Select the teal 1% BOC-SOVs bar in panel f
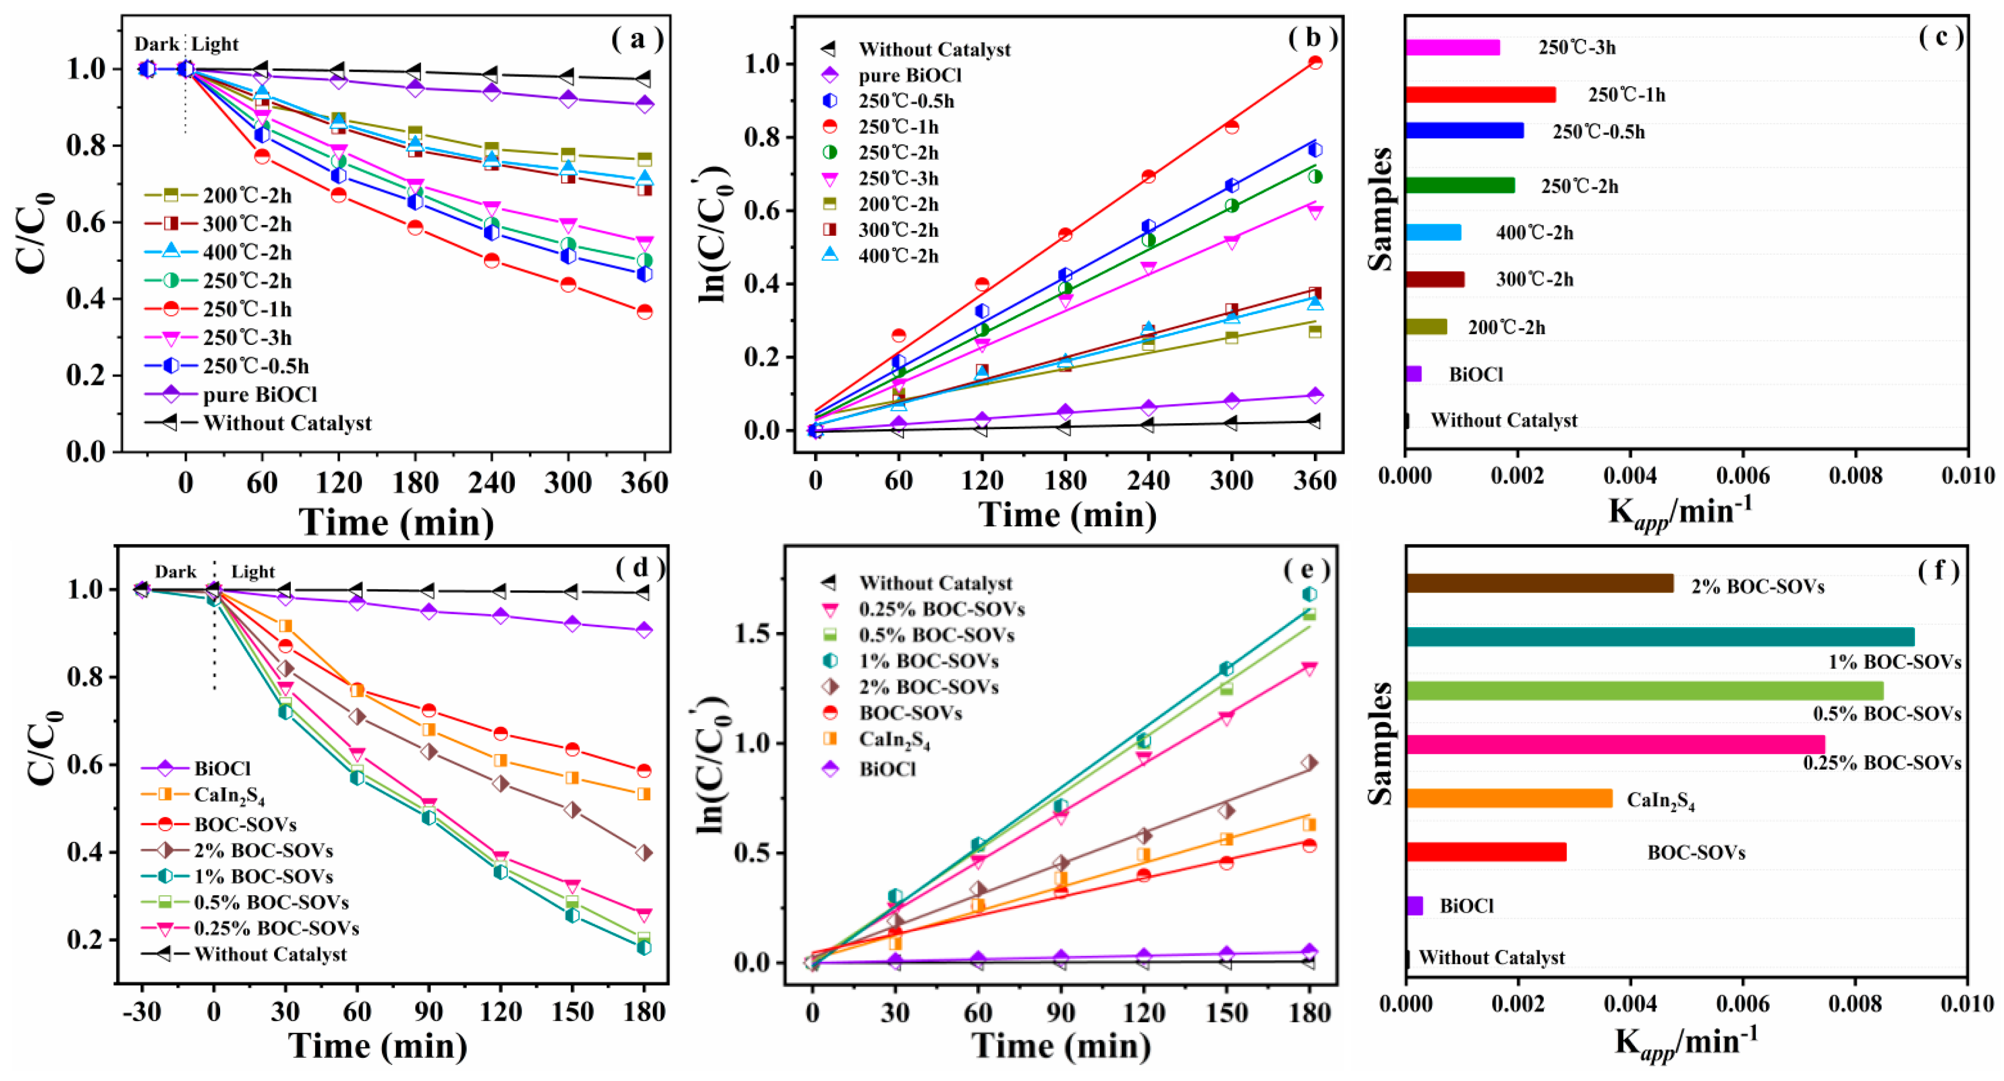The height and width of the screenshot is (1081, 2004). click(x=1659, y=637)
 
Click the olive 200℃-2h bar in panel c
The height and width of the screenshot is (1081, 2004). click(x=1426, y=327)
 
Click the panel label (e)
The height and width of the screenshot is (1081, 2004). click(x=1306, y=570)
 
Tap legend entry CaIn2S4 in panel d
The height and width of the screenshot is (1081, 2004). click(x=229, y=796)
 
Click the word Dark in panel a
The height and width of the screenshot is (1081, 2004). click(x=156, y=44)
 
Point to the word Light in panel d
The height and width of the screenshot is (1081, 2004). click(x=253, y=572)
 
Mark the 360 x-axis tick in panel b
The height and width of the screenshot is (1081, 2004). click(x=1314, y=480)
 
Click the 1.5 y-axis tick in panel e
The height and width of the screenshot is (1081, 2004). click(x=752, y=634)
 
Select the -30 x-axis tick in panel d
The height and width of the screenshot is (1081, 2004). click(x=141, y=1012)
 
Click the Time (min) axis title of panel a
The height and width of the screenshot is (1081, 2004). click(x=396, y=521)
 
